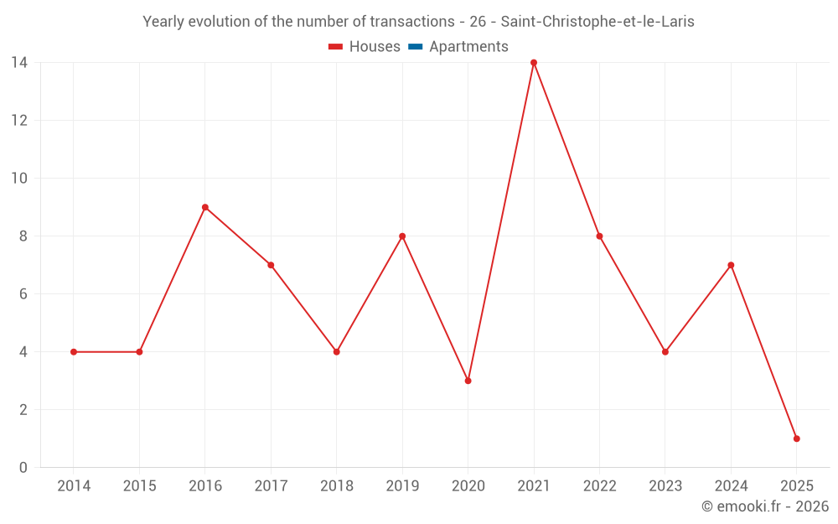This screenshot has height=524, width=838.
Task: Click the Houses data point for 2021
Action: point(534,63)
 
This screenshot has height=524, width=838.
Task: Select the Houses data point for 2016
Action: point(205,207)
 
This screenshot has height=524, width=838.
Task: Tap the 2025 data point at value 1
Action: point(796,438)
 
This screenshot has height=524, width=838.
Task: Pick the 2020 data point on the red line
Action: point(468,381)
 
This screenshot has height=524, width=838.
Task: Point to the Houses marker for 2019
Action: point(402,236)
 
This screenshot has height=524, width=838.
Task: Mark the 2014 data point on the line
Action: point(74,352)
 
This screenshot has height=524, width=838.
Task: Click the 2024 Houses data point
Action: point(731,265)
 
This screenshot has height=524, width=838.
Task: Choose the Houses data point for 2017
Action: point(271,265)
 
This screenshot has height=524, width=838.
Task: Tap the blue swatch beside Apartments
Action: point(415,47)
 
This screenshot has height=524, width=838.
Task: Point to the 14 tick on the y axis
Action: point(19,63)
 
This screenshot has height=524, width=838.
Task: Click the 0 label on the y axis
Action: point(23,468)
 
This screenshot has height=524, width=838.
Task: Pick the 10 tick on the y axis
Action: point(19,179)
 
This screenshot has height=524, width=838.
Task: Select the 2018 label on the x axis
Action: point(336,486)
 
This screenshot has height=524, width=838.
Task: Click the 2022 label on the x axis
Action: point(599,486)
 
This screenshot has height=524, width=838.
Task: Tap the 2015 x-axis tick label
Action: point(139,486)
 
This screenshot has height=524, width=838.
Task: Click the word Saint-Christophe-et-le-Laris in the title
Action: point(597,22)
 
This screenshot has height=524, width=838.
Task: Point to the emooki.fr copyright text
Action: point(765,506)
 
